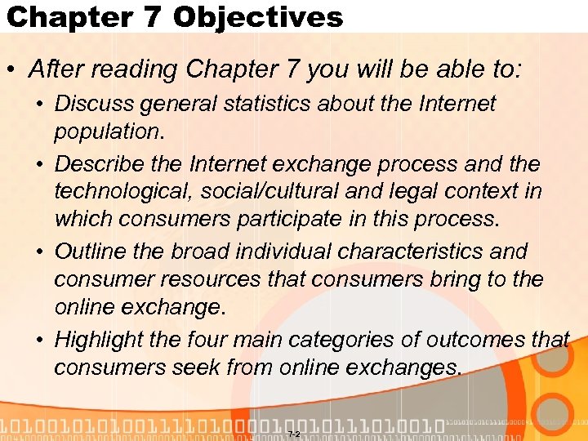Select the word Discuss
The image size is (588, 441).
[x=95, y=104]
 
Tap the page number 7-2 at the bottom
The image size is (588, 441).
[x=294, y=434]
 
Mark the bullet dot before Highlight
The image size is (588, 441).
[x=40, y=340]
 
